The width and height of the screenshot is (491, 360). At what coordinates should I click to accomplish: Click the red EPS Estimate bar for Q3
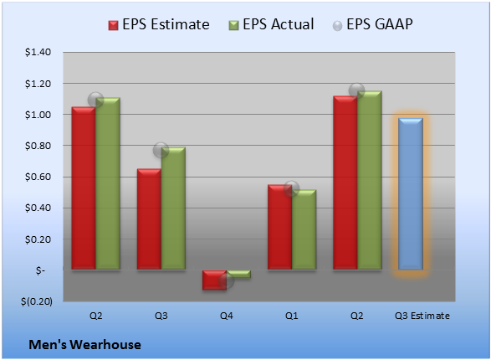click(149, 219)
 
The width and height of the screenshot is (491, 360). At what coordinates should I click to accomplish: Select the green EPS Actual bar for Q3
click(173, 208)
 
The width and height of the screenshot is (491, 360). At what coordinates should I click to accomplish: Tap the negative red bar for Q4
click(214, 280)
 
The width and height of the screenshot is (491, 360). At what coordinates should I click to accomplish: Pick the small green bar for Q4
click(238, 274)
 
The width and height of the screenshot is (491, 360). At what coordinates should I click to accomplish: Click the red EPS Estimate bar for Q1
click(280, 227)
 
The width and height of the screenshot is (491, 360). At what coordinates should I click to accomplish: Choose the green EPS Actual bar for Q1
click(304, 229)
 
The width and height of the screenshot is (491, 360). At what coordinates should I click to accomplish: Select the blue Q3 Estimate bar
click(411, 193)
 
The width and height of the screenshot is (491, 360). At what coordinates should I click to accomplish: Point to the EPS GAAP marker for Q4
click(227, 280)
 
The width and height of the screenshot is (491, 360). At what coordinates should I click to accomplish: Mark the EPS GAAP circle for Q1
click(292, 188)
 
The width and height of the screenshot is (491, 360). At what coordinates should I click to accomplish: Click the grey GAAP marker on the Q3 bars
click(161, 150)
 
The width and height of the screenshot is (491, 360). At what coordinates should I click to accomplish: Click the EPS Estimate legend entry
click(159, 24)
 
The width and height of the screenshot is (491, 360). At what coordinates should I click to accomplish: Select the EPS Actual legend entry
click(271, 24)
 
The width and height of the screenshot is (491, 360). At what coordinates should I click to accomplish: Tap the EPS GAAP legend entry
click(372, 24)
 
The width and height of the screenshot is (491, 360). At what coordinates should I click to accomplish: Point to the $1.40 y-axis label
click(38, 52)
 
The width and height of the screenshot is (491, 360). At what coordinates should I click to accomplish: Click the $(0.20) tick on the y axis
click(37, 301)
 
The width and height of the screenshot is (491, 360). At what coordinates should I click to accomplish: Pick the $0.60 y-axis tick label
click(38, 177)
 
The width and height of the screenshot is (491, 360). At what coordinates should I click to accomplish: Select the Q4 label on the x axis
click(227, 316)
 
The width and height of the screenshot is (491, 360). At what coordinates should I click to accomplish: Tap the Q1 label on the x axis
click(292, 316)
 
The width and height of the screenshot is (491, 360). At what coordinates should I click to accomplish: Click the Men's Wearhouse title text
click(84, 345)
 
